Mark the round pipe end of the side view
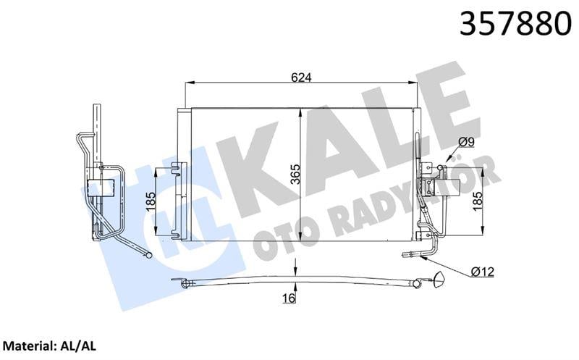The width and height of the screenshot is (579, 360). pyautogui.click(x=149, y=254)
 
